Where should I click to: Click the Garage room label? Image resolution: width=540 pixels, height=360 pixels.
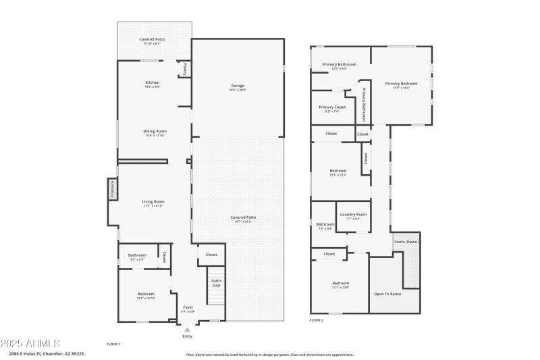[238, 86]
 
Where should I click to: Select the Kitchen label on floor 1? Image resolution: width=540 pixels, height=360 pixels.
[152, 83]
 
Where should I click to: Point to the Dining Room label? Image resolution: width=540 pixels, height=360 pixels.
[155, 132]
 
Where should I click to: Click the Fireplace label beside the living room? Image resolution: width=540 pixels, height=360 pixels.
[113, 190]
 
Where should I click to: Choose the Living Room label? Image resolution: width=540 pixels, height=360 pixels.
[153, 202]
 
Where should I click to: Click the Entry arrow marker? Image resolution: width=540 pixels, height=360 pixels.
[187, 329]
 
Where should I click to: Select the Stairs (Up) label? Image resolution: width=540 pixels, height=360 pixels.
[216, 282]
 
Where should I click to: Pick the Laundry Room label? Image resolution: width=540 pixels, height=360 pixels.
[353, 215]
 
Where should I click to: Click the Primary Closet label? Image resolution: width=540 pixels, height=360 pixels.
[332, 107]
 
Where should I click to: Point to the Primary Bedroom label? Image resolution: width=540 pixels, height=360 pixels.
[402, 84]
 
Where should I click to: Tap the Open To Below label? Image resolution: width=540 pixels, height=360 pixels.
[387, 294]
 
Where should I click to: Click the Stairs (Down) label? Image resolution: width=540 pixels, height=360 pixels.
[406, 241]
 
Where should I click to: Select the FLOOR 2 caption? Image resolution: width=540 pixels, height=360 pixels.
[317, 319]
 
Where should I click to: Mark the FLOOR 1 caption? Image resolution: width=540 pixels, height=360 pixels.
[113, 344]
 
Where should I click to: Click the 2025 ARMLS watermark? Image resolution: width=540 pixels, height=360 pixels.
[30, 343]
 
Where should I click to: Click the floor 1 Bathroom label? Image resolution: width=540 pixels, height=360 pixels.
[138, 255]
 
